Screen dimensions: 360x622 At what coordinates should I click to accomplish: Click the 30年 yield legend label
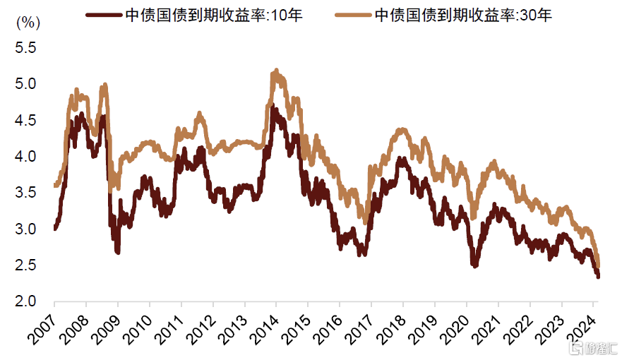click(462, 15)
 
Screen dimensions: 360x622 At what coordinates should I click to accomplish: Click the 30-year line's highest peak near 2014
click(276, 70)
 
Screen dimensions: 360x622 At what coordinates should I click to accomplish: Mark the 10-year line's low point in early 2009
click(117, 252)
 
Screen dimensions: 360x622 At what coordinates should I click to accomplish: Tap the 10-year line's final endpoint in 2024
click(599, 277)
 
